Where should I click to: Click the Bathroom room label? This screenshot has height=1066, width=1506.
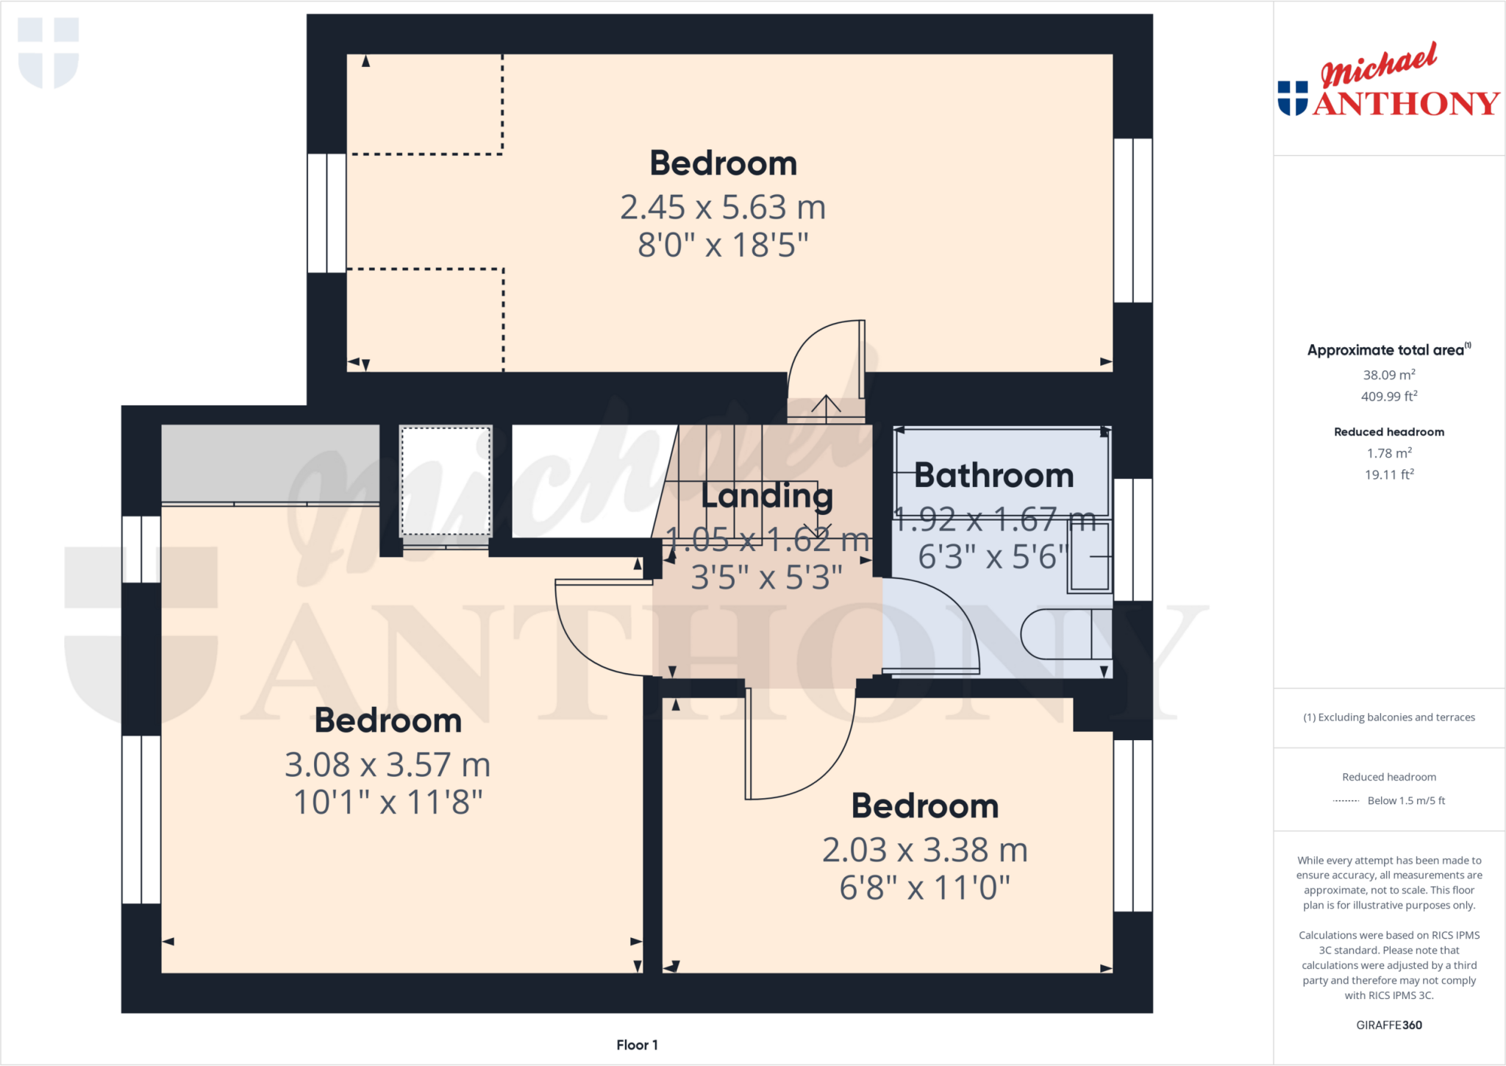(x=993, y=475)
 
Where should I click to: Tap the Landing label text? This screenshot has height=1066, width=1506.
(x=767, y=496)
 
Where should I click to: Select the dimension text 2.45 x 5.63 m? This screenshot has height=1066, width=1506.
(x=723, y=207)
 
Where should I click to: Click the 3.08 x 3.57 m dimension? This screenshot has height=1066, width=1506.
(x=388, y=765)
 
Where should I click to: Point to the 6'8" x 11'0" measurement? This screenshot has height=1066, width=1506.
(x=924, y=888)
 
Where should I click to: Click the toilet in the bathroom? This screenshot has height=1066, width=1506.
(x=1066, y=634)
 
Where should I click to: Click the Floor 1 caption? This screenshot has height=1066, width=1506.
(x=637, y=1045)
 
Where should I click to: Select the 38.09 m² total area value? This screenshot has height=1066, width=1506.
(x=1388, y=375)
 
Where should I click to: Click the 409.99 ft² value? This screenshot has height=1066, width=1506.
(x=1388, y=397)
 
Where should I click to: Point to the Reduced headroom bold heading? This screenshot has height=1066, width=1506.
(x=1388, y=432)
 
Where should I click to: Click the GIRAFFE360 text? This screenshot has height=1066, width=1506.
(x=1388, y=1025)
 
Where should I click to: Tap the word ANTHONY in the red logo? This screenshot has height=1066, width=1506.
(x=1406, y=104)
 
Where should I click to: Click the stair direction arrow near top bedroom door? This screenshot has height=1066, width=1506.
(x=826, y=407)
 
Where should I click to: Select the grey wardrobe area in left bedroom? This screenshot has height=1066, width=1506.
(x=270, y=463)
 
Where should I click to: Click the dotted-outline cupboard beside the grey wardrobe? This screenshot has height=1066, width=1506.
(x=446, y=481)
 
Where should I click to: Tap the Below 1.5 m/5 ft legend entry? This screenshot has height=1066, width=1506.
(x=1405, y=800)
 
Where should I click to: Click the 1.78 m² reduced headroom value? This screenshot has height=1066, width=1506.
(x=1388, y=453)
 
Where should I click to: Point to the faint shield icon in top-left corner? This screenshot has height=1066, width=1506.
(x=49, y=52)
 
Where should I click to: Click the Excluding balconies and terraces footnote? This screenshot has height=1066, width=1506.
(x=1388, y=717)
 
